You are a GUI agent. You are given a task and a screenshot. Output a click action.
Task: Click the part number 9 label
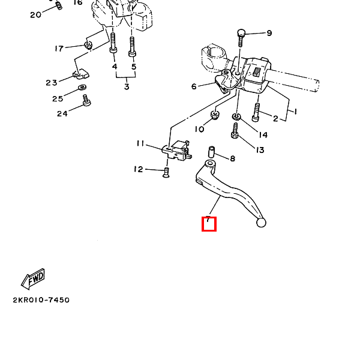(x=269, y=33)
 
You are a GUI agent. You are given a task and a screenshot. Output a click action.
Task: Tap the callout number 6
(x=194, y=86)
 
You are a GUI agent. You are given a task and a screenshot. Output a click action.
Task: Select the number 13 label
(x=260, y=150)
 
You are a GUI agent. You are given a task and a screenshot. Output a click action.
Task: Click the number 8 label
(x=232, y=159)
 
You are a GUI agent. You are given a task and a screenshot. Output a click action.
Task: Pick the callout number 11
(x=140, y=143)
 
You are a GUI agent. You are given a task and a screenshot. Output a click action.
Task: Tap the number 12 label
(x=139, y=170)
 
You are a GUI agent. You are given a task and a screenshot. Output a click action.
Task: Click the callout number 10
(x=199, y=129)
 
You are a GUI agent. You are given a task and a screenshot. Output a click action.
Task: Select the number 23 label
(x=51, y=83)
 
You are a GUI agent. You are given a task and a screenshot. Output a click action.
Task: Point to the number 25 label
(x=58, y=98)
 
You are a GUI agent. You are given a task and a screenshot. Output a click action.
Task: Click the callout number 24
(x=62, y=113)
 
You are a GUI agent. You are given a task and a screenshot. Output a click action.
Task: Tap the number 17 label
(x=59, y=49)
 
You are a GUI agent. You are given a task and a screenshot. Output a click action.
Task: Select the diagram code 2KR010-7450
(x=40, y=299)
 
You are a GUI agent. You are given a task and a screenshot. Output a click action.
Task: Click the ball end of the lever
(x=260, y=223)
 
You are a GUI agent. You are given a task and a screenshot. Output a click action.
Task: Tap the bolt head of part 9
(x=241, y=32)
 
